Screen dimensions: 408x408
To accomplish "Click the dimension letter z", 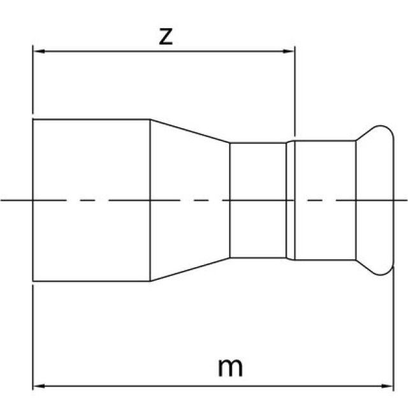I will (x=165, y=36).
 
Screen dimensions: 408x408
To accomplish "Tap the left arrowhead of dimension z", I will (x=37, y=52).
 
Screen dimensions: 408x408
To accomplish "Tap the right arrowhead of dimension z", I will (x=289, y=52).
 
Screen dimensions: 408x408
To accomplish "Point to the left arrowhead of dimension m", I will (x=37, y=386).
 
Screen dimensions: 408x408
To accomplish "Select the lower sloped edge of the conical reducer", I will (x=190, y=270).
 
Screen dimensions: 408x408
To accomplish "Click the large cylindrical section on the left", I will (x=91, y=200).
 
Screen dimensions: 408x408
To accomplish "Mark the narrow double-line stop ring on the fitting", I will (x=291, y=200).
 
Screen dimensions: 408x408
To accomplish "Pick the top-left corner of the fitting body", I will (x=33, y=119).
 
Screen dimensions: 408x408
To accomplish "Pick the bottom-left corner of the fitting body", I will (x=33, y=281).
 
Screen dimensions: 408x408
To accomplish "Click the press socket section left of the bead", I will (x=325, y=200).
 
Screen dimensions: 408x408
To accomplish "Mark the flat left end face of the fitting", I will (x=33, y=223).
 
